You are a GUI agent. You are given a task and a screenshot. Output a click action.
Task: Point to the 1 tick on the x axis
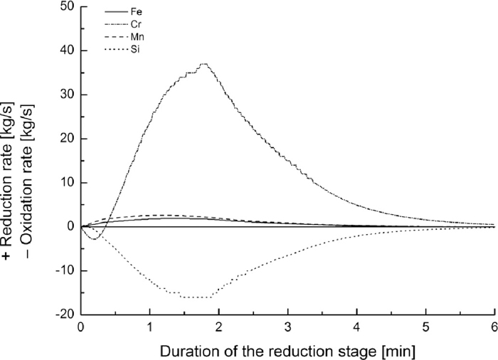149,327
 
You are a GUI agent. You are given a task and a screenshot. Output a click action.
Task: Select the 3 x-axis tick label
287,327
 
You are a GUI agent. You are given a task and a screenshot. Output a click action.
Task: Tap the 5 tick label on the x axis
425,327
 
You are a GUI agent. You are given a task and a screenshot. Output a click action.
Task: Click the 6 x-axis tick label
494,327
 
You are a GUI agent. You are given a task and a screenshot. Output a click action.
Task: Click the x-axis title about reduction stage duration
287,349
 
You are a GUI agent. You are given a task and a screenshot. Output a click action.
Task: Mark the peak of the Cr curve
204,64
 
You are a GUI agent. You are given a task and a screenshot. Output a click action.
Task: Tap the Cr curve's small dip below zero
94,238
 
